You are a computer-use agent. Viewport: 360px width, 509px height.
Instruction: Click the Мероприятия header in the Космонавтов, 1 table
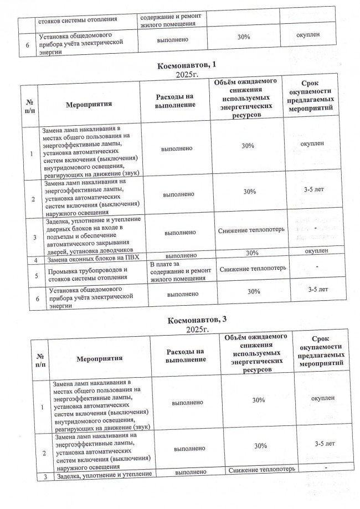89,104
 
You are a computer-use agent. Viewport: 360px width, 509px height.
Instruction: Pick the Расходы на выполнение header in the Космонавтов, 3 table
185,356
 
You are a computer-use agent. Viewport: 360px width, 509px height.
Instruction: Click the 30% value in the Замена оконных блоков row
253,253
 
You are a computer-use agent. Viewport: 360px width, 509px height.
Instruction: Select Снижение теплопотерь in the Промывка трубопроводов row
253,269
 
